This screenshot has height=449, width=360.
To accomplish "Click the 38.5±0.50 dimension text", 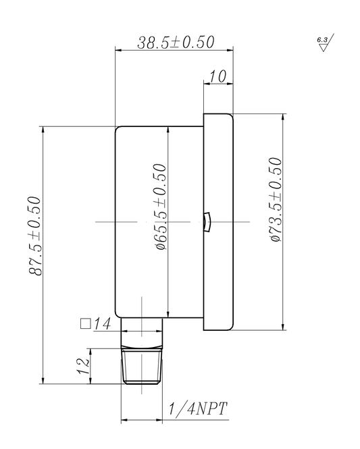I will [x=176, y=42].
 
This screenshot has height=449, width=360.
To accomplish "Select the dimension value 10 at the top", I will [x=217, y=76].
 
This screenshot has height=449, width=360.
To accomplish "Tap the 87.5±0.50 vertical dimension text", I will [x=35, y=235].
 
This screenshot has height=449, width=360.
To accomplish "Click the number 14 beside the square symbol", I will [x=101, y=324].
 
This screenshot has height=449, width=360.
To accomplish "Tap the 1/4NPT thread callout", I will [x=197, y=408].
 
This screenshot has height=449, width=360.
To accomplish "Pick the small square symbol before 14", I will [x=85, y=323].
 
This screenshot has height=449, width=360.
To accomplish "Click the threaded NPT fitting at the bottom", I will [x=142, y=366].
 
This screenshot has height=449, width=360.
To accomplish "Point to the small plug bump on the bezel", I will [x=207, y=221].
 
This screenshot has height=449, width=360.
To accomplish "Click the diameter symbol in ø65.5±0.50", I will [x=161, y=245].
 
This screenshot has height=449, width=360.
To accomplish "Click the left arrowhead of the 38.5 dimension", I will [x=119, y=50].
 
